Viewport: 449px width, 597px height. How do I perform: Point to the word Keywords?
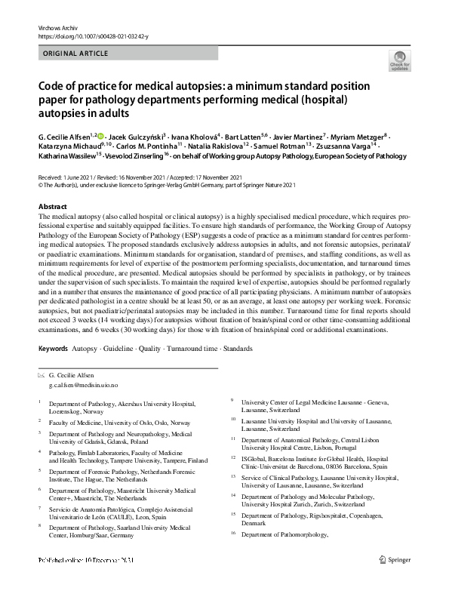(53, 349)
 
